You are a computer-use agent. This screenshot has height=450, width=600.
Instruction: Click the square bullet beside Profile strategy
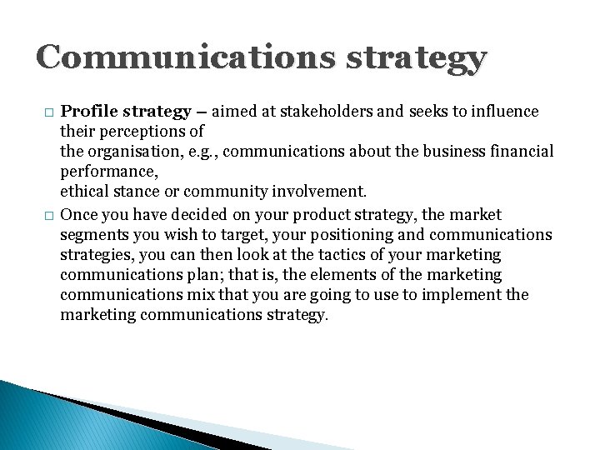click(x=47, y=112)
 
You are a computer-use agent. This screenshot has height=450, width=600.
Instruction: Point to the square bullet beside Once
click(x=47, y=216)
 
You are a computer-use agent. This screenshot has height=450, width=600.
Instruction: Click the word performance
click(x=106, y=172)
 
